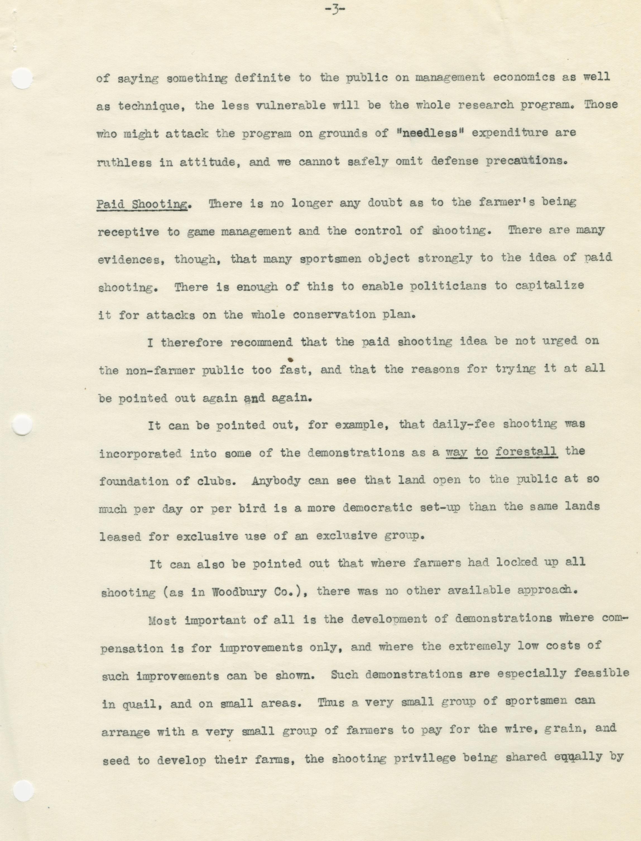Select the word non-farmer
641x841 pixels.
(160, 370)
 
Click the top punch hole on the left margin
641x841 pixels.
(22, 79)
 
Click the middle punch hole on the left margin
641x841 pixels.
(22, 424)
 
